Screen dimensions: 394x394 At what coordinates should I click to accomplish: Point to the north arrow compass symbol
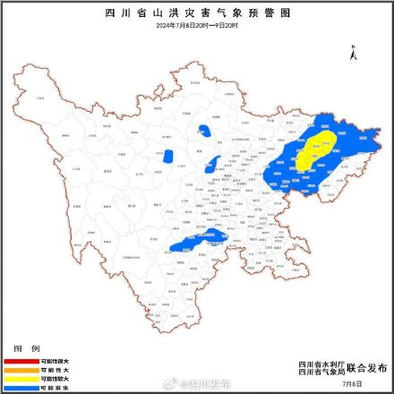(355, 53)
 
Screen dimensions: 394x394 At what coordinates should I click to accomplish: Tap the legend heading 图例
(26, 347)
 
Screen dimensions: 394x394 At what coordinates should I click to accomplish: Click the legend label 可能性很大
(53, 360)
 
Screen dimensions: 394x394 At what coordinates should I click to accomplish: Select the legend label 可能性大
(53, 368)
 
